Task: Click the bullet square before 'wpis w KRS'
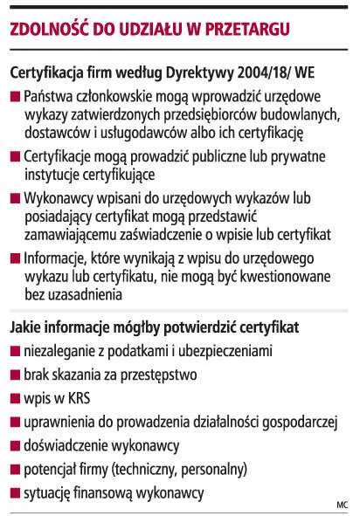[x=16, y=399]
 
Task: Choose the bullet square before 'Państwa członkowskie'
[x=16, y=94]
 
